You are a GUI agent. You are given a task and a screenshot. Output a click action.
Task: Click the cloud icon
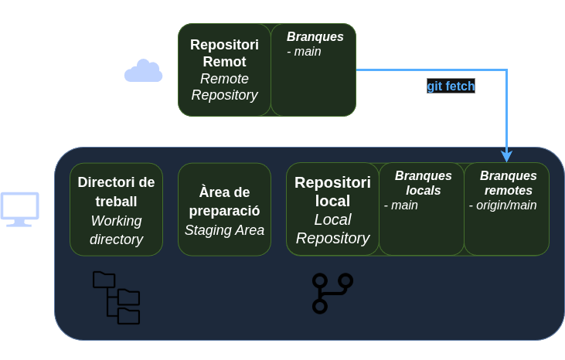tap(143, 71)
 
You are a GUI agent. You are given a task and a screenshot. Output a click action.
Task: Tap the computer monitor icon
tap(19, 209)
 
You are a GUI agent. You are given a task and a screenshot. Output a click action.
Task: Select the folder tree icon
tap(116, 297)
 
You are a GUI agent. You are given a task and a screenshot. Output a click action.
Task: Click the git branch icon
tap(332, 293)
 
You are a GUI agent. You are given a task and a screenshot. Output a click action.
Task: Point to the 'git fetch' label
tap(451, 87)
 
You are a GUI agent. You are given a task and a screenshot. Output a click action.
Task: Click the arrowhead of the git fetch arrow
tap(507, 156)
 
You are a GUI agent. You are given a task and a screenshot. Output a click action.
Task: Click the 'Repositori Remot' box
tap(224, 70)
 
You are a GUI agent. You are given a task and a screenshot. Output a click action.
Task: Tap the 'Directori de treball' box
tap(117, 209)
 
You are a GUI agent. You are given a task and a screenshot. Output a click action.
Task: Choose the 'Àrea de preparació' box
tap(224, 209)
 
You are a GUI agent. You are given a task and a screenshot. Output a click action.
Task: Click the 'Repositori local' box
tap(332, 209)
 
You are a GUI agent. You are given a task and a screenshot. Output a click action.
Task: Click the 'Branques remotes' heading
tap(508, 183)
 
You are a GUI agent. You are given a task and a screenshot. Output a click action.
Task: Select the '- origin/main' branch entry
tap(502, 205)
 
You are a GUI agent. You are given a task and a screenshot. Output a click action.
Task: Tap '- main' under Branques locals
tap(401, 205)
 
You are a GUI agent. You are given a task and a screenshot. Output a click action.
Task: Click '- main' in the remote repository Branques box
tap(304, 52)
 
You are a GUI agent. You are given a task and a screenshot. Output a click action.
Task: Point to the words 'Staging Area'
tap(224, 229)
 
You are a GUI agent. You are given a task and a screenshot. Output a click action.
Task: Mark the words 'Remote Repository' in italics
tap(224, 87)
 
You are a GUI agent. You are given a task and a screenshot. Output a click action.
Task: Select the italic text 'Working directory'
tap(117, 229)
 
